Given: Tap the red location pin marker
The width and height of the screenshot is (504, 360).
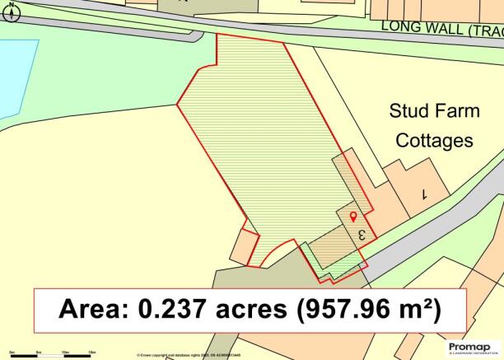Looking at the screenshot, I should [x=354, y=217].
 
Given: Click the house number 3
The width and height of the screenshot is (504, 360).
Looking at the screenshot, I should [x=361, y=235].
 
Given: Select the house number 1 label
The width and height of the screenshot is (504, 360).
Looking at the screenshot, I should [x=425, y=195].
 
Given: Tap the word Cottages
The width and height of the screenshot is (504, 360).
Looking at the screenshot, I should [x=435, y=141].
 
